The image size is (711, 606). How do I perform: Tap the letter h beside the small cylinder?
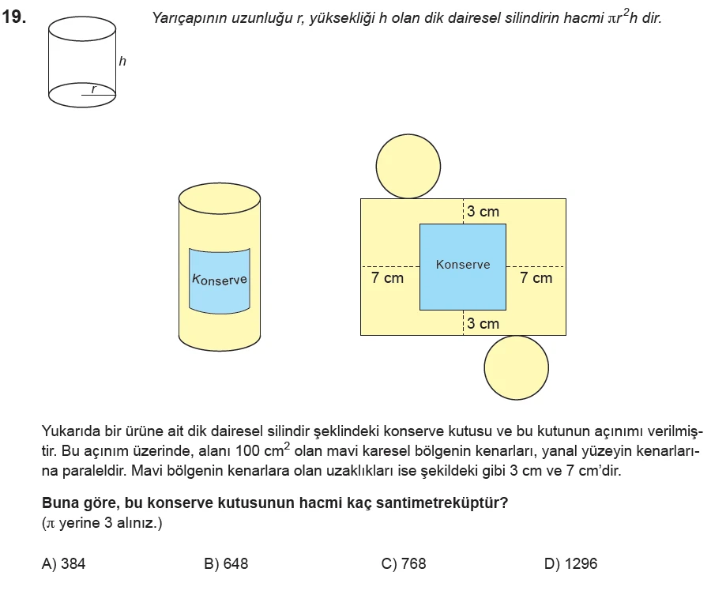pos(122,60)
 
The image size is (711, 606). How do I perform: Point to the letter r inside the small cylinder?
pos(93,88)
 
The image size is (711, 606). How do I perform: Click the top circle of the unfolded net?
pos(408,166)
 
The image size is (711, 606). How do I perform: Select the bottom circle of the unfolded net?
pos(516,367)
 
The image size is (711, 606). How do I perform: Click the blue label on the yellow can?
pos(220,280)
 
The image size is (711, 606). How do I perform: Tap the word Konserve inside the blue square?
pos(463,265)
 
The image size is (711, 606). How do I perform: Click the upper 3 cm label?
pos(483,212)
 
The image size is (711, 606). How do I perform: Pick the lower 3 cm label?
pos(483,323)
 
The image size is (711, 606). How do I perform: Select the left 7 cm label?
pos(387,278)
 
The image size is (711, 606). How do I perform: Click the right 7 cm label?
pos(536,278)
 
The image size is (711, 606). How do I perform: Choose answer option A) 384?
pos(63,563)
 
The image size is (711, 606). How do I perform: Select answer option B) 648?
pos(226,563)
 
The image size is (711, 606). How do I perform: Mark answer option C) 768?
pos(403,563)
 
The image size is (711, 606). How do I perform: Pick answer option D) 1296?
pos(570,563)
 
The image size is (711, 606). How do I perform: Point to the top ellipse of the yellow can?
pos(220,197)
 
